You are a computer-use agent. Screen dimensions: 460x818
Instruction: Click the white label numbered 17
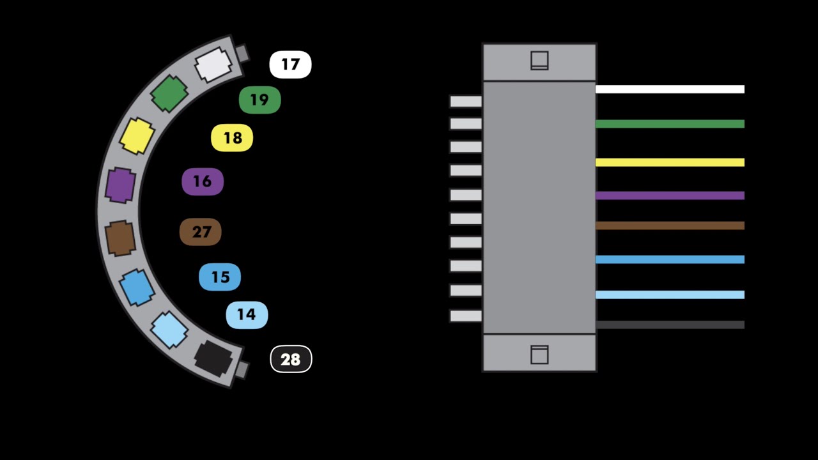(290, 65)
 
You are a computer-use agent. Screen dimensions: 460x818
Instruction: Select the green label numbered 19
(259, 100)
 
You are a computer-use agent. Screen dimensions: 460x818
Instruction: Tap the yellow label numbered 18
(232, 139)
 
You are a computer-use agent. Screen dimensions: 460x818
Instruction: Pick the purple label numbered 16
(203, 182)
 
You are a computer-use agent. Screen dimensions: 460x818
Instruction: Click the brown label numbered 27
(201, 232)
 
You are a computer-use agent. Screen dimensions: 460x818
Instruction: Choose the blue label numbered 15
(220, 277)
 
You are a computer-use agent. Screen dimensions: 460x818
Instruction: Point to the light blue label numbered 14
(247, 315)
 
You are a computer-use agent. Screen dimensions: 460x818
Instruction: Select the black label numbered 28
(291, 360)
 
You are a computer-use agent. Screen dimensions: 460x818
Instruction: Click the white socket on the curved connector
(212, 65)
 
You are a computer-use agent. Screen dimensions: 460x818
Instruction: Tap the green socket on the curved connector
(169, 94)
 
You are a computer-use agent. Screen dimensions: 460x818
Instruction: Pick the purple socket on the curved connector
(120, 185)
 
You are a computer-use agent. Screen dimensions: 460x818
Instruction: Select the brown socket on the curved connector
(121, 238)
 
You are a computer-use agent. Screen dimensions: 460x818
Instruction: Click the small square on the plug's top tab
(539, 61)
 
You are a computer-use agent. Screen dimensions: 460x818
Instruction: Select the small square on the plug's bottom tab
(539, 355)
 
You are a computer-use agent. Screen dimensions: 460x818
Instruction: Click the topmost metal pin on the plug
(465, 101)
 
